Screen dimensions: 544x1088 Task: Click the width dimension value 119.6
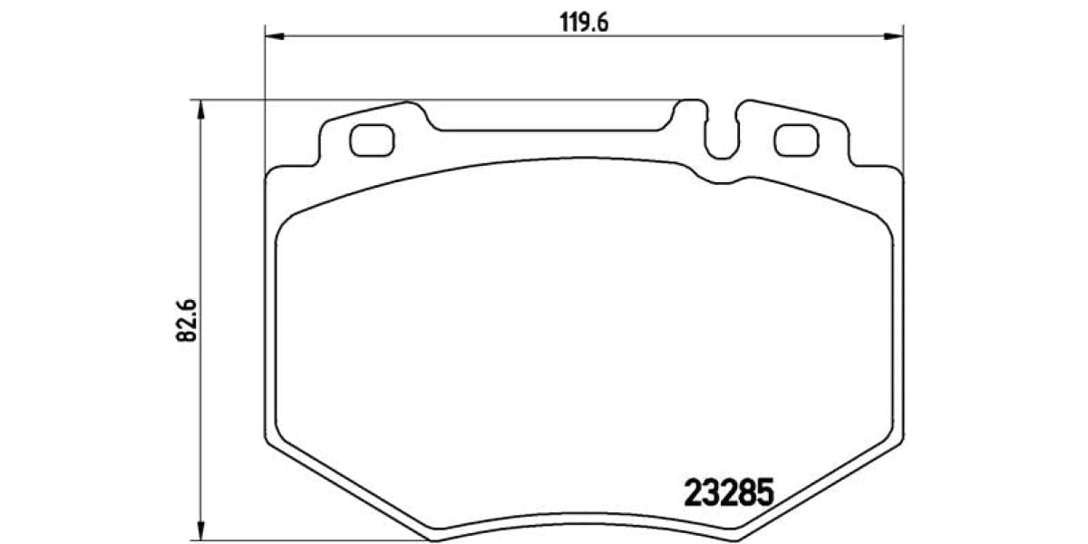[x=583, y=23]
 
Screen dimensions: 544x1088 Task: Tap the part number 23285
[x=727, y=493]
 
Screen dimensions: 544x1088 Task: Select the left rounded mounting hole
[x=371, y=139]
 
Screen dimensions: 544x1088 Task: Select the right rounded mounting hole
[x=795, y=139]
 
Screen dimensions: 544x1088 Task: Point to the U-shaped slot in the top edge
[x=722, y=136]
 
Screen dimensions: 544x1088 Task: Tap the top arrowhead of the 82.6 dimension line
[x=201, y=109]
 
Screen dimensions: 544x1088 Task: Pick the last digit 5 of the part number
[x=763, y=493]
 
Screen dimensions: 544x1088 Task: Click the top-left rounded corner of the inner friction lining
[x=288, y=222]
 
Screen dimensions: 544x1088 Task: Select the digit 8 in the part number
[x=745, y=493]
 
